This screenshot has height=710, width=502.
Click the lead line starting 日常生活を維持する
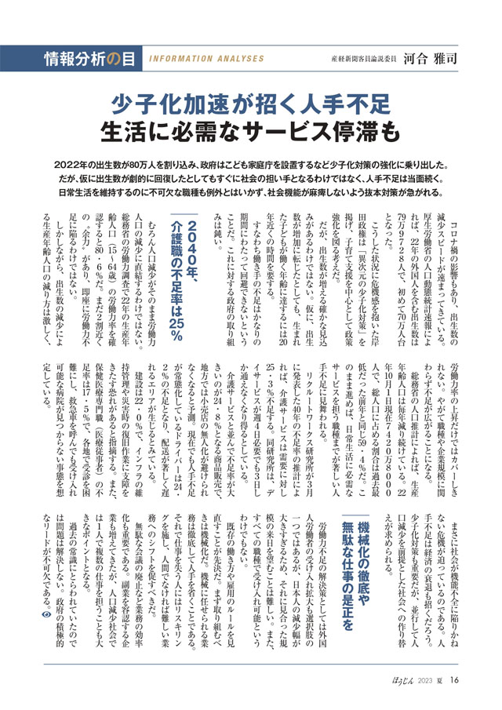[250, 191]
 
